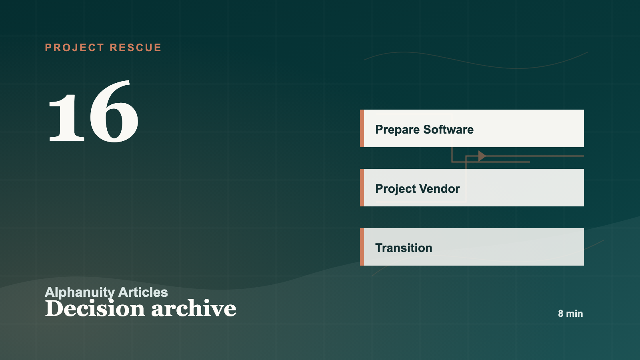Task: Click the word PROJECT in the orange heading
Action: (74, 48)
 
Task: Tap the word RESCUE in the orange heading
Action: (136, 48)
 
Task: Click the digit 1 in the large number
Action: (66, 117)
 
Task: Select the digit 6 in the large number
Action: (114, 111)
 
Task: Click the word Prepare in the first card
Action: (397, 130)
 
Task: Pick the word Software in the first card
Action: (448, 130)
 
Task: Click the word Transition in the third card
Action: (404, 248)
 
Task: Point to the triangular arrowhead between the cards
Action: (482, 156)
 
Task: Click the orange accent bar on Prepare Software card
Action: (362, 128)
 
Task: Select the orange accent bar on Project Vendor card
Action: (362, 188)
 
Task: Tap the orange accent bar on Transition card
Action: (362, 246)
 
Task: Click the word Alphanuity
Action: (80, 292)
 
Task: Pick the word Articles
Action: (143, 292)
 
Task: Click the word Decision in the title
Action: (95, 308)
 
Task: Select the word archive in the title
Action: (194, 308)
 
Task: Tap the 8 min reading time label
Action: (570, 314)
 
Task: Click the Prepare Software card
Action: (472, 128)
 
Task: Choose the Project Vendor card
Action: (472, 188)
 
